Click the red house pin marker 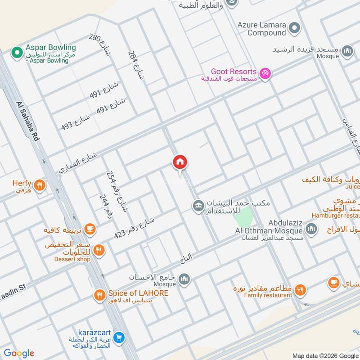point(180,162)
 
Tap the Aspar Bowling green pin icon point(17,53)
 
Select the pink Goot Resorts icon point(265,73)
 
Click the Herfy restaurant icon point(40,184)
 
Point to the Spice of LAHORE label point(138,293)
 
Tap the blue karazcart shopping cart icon point(119,337)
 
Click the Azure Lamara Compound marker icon point(294,28)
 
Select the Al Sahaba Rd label point(28,122)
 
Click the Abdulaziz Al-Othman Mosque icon point(311,229)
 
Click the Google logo point(19,353)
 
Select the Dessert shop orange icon point(99,250)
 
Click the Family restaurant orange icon point(301,289)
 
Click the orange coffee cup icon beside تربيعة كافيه point(90,229)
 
